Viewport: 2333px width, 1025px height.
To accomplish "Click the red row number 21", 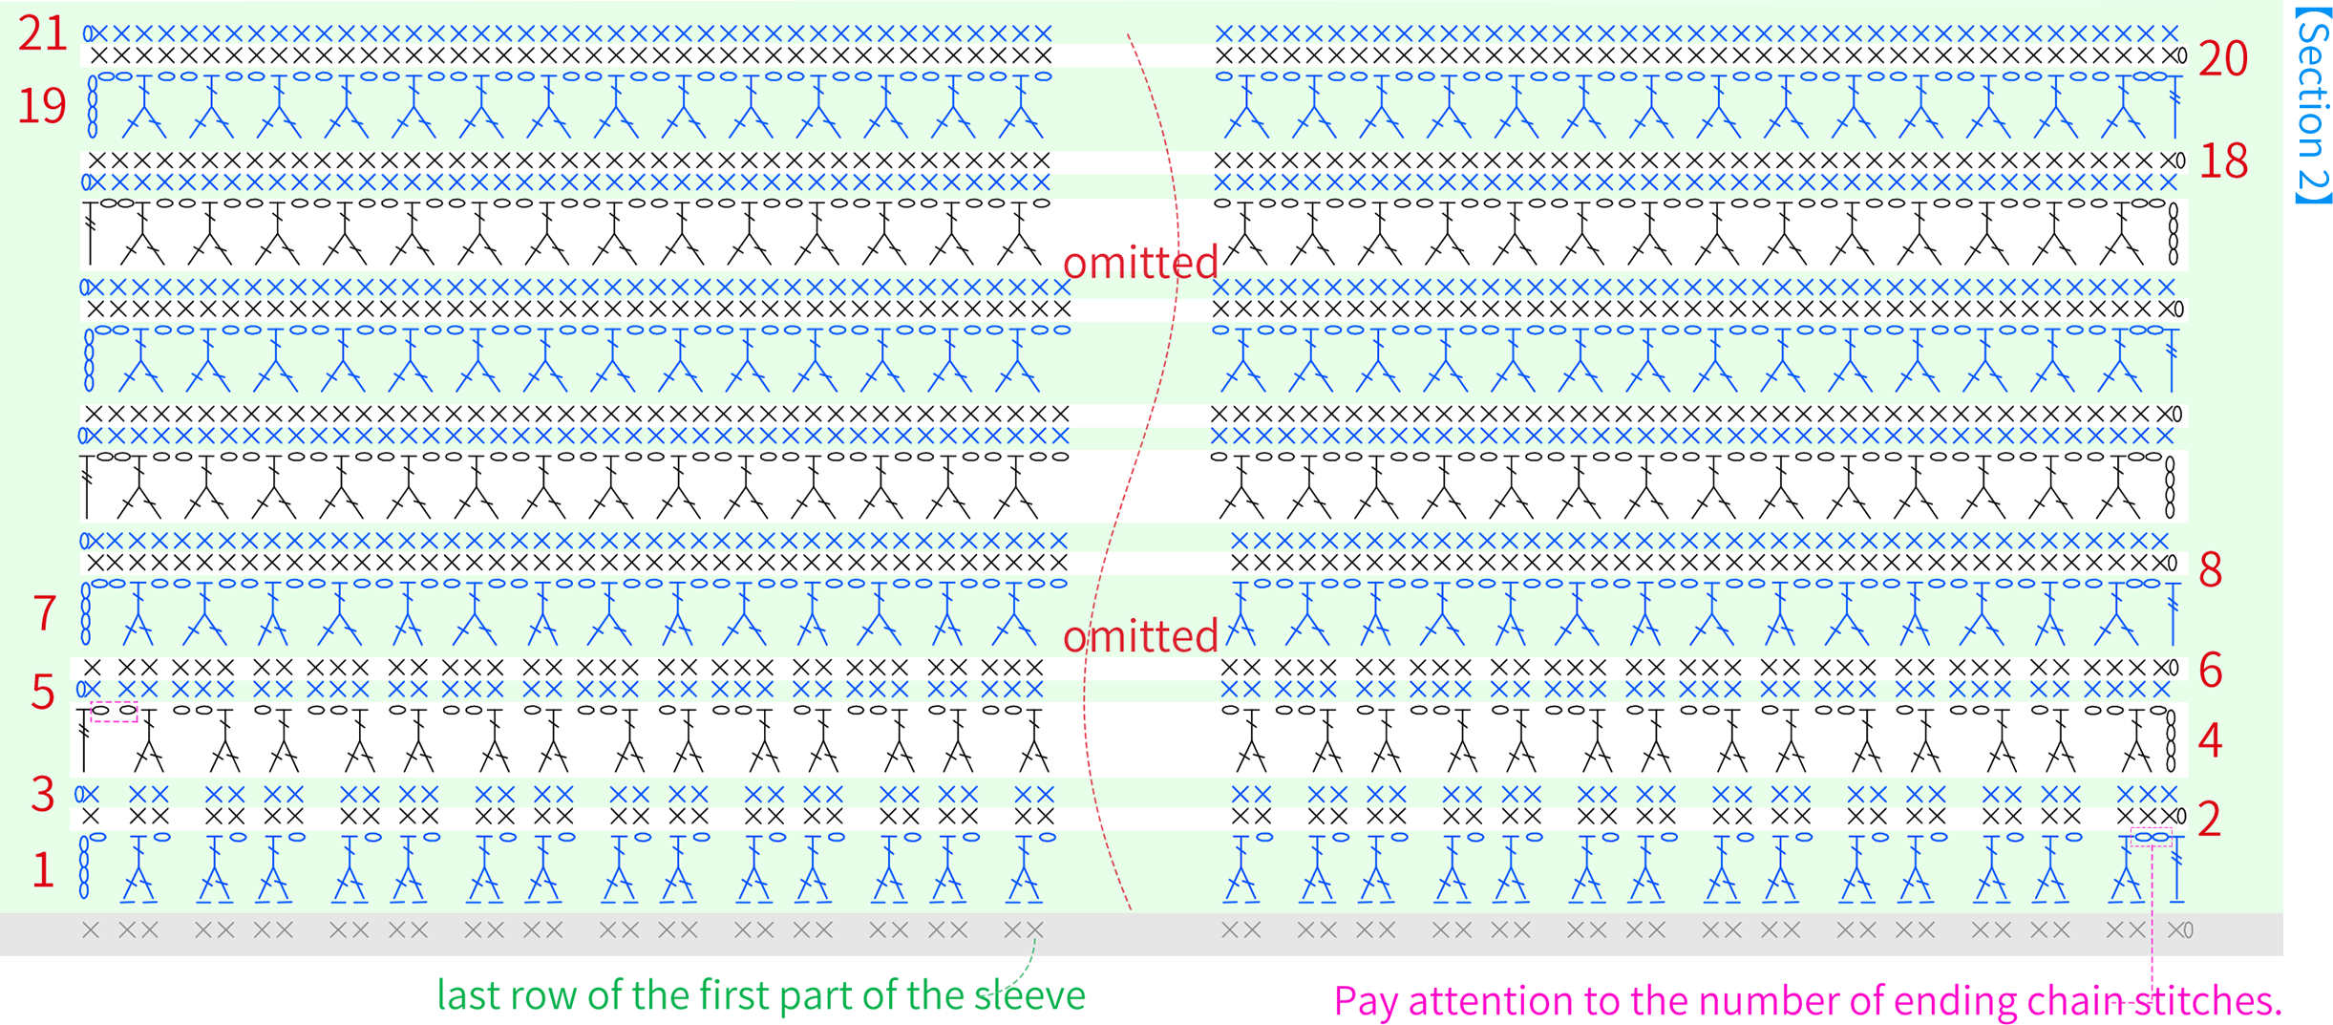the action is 43,34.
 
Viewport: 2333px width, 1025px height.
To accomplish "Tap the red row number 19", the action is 42,106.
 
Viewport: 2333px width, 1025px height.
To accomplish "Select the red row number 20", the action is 2223,59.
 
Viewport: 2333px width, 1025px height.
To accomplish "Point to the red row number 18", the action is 2223,161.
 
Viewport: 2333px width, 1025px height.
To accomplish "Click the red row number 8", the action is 2211,570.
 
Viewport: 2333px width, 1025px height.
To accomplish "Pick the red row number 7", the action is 45,613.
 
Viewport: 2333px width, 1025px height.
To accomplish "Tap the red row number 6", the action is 2211,671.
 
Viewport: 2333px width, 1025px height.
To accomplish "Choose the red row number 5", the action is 43,692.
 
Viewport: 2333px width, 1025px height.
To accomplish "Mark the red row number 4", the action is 2211,740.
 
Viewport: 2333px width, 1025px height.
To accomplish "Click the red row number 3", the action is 43,794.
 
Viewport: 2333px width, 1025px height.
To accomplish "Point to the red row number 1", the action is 43,870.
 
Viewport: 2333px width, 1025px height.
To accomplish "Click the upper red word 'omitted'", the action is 1140,263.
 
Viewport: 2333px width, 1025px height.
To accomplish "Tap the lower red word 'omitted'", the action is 1140,636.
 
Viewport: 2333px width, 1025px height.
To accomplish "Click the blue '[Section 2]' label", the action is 2313,104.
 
